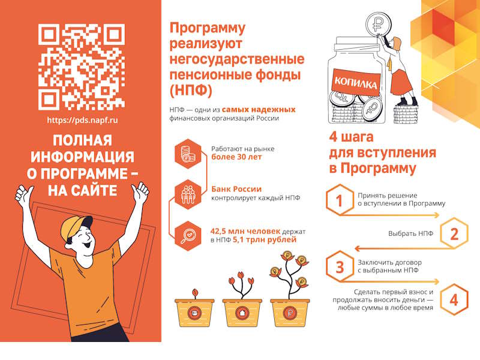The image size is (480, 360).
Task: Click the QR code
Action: pos(82,67)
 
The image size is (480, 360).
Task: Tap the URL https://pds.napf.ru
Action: pos(82,120)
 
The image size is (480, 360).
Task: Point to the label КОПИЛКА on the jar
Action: pos(355,82)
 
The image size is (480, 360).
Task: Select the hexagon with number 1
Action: pos(340,200)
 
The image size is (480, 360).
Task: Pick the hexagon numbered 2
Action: pos(454,233)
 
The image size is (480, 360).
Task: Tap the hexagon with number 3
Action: pos(340,266)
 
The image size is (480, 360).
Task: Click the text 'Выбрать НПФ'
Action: pos(411,233)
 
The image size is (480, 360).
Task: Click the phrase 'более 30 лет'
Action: pos(236,157)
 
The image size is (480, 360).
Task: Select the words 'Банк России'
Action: pos(236,189)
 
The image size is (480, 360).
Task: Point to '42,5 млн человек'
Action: pos(245,232)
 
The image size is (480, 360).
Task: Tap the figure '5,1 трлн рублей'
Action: pos(265,239)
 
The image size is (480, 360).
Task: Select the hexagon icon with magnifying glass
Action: pos(188,236)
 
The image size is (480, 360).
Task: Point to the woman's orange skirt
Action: pos(401,83)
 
